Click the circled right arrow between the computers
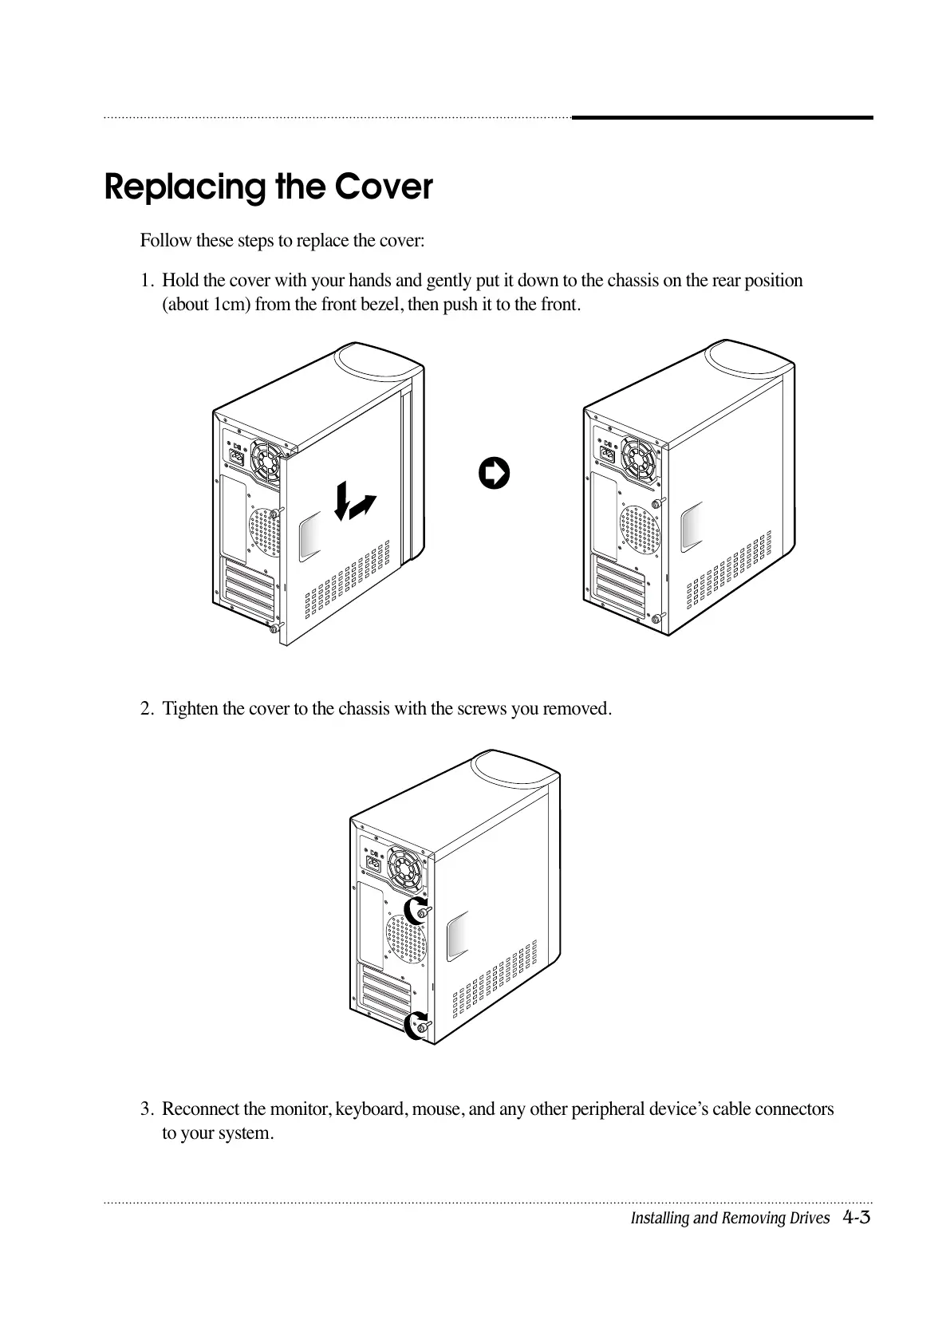pos(494,473)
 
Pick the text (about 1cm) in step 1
pos(207,305)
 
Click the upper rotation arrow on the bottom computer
pos(415,910)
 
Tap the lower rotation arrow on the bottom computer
pos(415,1025)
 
